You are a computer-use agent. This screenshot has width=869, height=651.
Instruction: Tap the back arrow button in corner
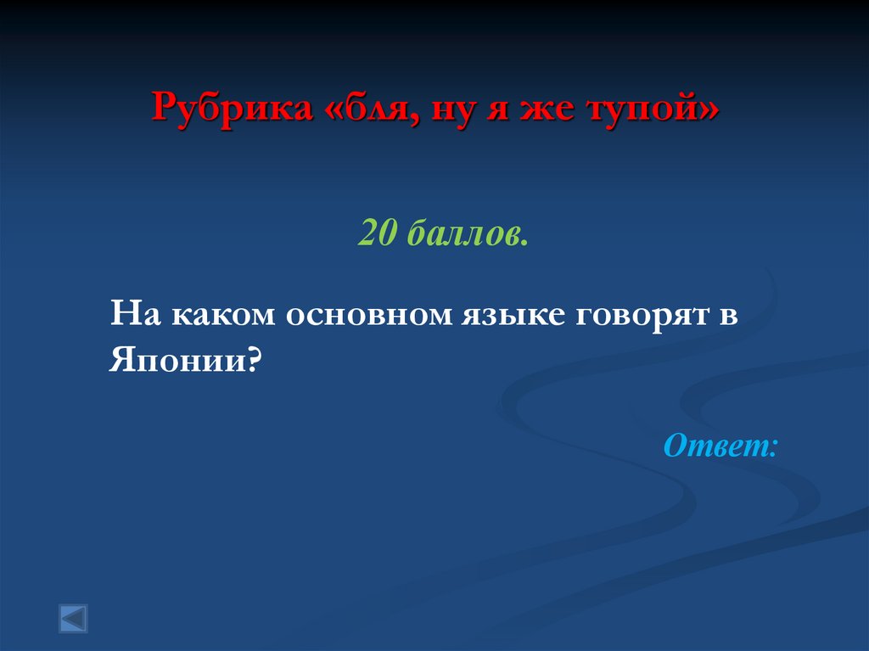point(73,618)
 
